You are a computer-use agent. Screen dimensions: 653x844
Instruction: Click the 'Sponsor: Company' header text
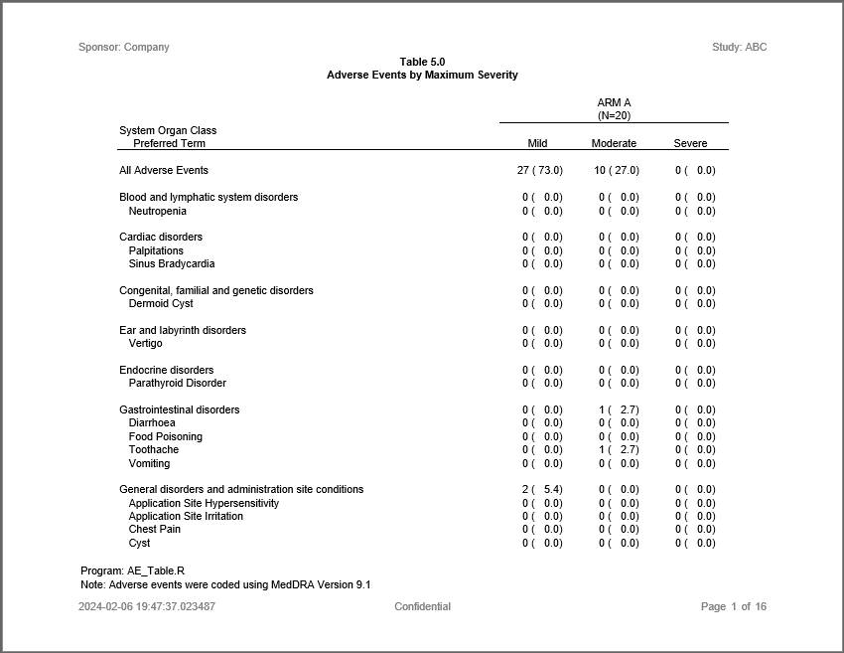click(124, 47)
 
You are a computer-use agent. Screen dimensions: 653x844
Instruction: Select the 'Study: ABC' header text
click(739, 47)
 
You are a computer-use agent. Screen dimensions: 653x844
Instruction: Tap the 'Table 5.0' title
click(422, 62)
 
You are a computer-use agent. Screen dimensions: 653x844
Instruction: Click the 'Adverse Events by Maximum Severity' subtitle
click(422, 75)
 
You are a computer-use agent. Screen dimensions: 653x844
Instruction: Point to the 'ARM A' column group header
click(614, 102)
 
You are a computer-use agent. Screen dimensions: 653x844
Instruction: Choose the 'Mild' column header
click(537, 143)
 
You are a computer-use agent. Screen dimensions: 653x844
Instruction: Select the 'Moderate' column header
click(614, 143)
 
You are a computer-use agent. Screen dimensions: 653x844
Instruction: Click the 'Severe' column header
click(690, 143)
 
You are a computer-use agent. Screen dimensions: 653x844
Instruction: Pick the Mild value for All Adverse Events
click(540, 170)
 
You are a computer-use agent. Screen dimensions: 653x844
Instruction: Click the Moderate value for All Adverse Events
click(617, 170)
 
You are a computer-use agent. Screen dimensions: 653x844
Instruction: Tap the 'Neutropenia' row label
click(157, 211)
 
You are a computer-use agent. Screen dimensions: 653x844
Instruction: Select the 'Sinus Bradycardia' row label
click(171, 263)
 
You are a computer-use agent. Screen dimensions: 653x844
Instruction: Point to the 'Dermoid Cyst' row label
click(161, 303)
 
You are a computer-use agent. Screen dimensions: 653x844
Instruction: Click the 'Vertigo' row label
click(145, 343)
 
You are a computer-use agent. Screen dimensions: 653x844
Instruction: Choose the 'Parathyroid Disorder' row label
click(177, 383)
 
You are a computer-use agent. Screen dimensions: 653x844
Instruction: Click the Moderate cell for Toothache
click(619, 449)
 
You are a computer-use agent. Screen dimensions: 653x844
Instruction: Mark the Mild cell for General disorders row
click(542, 489)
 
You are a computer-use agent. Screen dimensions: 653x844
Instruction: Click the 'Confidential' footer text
click(422, 606)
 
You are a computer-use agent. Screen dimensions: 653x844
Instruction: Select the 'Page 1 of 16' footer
click(733, 606)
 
